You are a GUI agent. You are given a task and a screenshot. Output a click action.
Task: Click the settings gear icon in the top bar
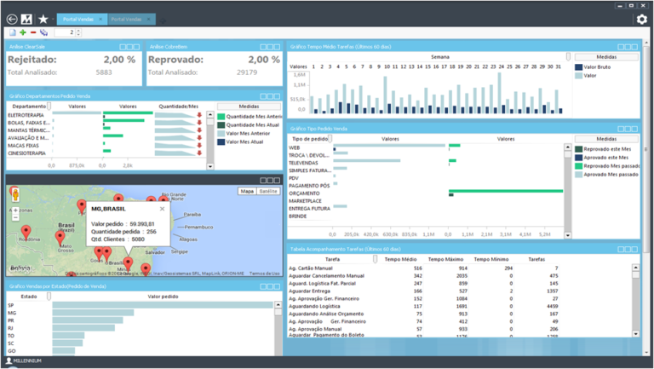641,19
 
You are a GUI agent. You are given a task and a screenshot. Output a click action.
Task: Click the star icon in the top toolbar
43,19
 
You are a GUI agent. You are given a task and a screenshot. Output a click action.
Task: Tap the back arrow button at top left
12,19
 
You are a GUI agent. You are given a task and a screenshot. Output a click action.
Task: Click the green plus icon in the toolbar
23,33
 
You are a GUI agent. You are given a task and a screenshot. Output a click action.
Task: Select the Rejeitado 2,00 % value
118,60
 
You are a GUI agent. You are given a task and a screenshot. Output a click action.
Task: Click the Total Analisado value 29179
247,72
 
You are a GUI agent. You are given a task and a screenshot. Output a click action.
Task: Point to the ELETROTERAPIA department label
26,115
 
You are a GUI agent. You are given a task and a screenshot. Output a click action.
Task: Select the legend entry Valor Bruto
600,66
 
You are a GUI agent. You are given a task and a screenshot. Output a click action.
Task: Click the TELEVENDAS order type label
306,162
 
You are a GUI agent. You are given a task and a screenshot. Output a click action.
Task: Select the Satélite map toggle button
268,192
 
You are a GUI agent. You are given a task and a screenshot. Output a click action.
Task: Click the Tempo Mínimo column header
491,259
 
